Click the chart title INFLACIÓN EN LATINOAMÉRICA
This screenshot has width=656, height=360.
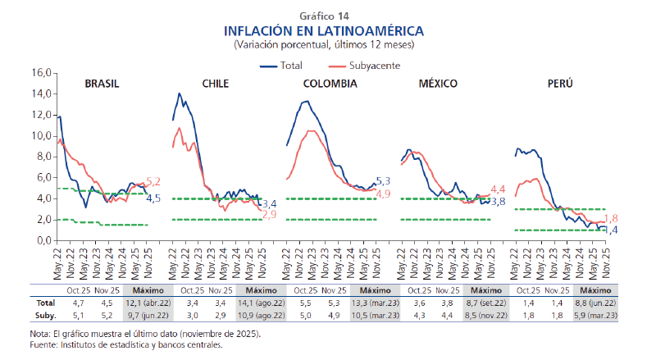pos(324,30)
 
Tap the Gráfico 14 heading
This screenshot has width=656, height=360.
pos(324,16)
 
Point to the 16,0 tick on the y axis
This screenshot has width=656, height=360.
pos(41,73)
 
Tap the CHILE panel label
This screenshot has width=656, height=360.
pos(214,84)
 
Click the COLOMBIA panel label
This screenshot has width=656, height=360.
pos(330,84)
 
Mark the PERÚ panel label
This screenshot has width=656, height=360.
pos(560,84)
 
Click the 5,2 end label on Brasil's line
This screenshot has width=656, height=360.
pos(153,181)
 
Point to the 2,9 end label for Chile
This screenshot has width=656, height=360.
pos(268,214)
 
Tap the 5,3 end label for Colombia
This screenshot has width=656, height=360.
pos(382,180)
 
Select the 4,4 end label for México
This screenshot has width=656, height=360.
pos(497,189)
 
